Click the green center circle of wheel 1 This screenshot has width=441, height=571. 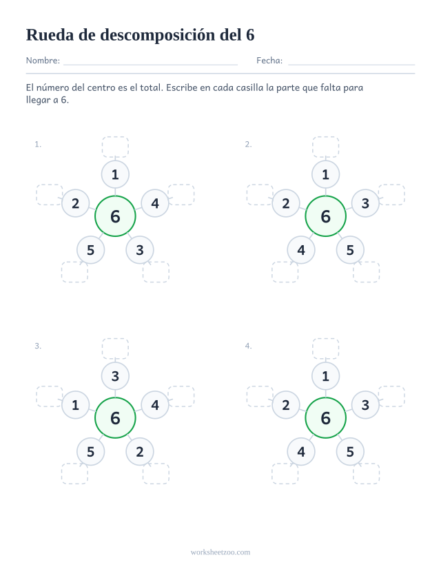coord(115,216)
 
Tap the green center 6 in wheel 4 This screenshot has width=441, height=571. coord(325,418)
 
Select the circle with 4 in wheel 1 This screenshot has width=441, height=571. coord(155,203)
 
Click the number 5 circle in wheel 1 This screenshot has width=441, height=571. coord(91,250)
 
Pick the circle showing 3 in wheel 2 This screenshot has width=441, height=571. coord(365,203)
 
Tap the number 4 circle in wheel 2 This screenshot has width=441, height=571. coord(301,250)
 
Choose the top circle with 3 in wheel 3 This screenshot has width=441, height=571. coord(115,376)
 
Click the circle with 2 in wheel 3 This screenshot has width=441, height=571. coord(140,452)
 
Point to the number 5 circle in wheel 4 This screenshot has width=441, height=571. coord(350,452)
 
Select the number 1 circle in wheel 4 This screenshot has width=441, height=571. coord(325,376)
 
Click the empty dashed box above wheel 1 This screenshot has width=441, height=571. coord(115,147)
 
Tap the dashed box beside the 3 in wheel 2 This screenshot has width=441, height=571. coord(391,195)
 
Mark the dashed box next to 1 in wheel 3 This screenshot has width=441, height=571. coord(50,397)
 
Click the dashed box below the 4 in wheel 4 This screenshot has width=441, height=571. coord(285,474)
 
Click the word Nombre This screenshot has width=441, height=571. coord(43,61)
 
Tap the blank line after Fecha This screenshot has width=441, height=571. coord(351,65)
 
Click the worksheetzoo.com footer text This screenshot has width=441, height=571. coord(220,552)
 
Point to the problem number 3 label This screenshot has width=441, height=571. coord(38,346)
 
